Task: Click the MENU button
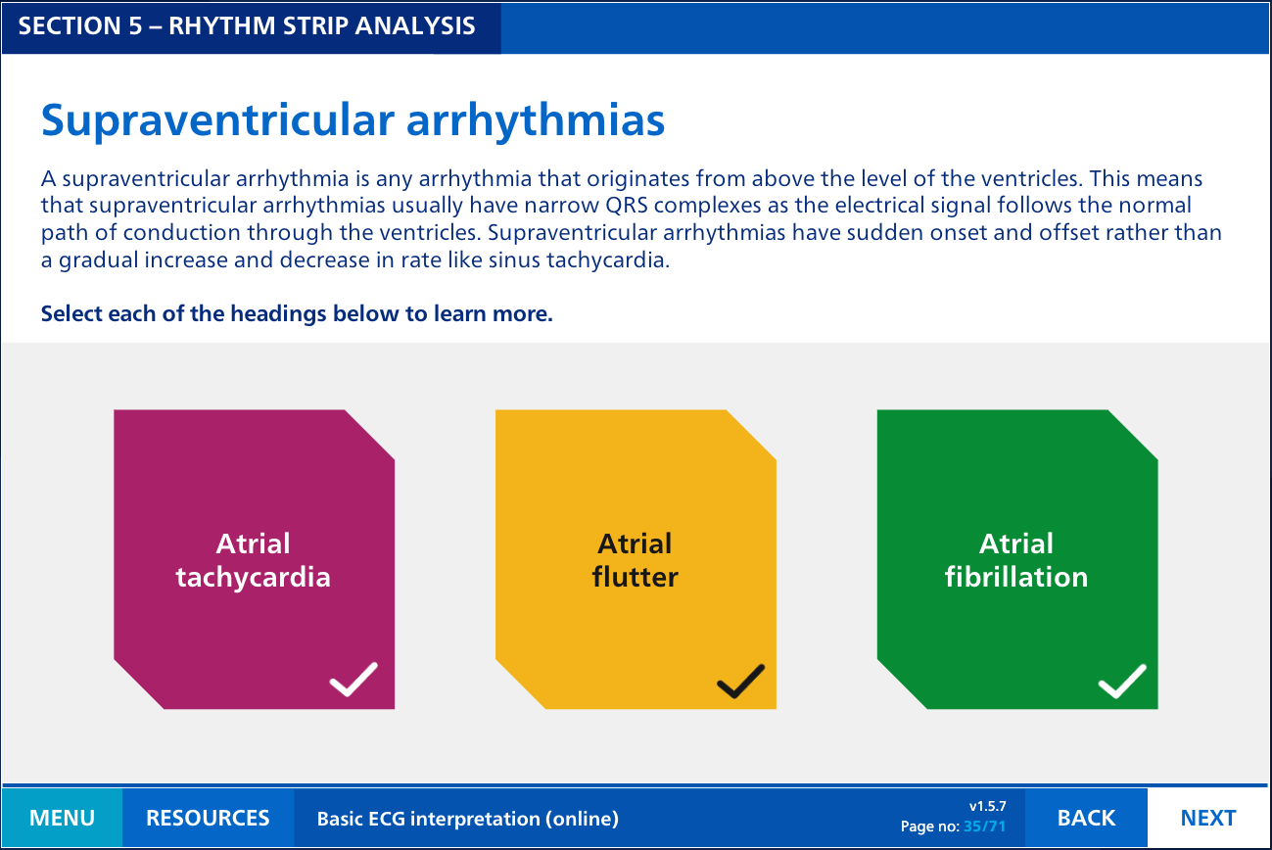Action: (62, 818)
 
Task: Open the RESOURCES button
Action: (208, 818)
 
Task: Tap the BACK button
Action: (1086, 818)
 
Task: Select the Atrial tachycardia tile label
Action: (254, 560)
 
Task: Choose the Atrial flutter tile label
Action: (635, 560)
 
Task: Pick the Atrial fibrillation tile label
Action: (1016, 560)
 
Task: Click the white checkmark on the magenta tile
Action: (353, 679)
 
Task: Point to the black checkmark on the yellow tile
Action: (740, 681)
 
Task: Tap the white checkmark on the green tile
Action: (1122, 681)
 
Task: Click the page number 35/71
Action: (985, 826)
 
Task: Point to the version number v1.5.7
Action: (987, 806)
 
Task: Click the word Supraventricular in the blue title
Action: (218, 121)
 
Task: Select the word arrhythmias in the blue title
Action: (536, 121)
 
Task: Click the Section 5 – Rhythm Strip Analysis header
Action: (247, 26)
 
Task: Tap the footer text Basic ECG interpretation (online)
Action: (468, 819)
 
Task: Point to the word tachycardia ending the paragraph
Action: (608, 260)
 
